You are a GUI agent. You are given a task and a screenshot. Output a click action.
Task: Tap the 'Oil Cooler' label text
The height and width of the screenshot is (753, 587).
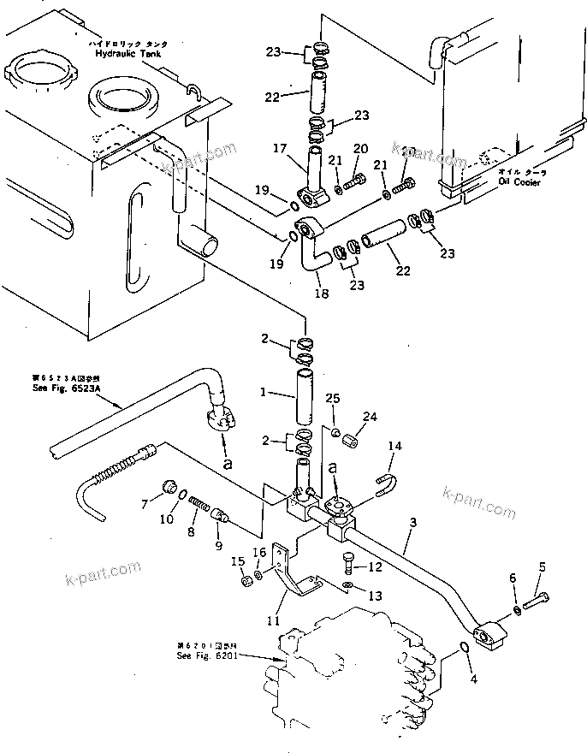pyautogui.click(x=522, y=180)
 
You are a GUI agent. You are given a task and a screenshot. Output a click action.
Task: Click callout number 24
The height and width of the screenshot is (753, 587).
pyautogui.click(x=370, y=418)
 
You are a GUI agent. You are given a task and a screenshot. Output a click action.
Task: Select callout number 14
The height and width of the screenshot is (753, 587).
pyautogui.click(x=394, y=446)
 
